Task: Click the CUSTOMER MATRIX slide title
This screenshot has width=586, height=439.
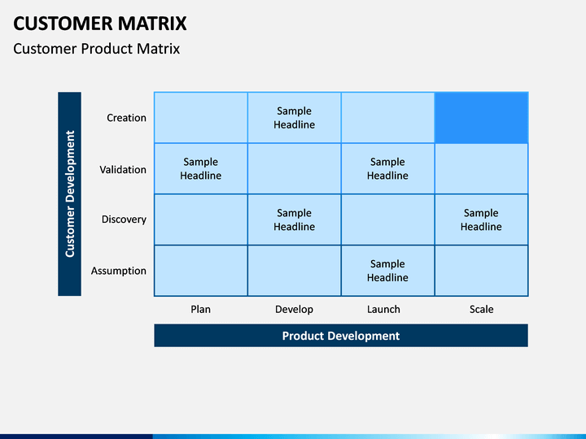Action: [100, 24]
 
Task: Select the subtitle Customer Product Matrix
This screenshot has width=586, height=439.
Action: [96, 49]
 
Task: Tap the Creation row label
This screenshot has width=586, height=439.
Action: [126, 118]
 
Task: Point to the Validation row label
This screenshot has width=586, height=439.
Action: [123, 170]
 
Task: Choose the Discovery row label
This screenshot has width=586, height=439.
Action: [124, 219]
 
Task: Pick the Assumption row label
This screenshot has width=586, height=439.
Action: [119, 271]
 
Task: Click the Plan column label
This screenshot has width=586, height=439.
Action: [201, 309]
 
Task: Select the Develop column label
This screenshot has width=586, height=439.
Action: [294, 310]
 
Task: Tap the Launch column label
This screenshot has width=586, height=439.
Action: [383, 309]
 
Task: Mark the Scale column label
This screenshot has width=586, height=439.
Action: [481, 309]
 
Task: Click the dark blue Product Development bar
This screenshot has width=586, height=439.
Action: [341, 336]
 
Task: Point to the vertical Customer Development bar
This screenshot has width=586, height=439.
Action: [69, 194]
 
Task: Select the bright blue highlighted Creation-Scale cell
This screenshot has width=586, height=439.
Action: [481, 118]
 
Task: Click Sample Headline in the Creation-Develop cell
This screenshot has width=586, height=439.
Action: [294, 118]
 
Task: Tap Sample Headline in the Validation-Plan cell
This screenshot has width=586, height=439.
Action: [201, 169]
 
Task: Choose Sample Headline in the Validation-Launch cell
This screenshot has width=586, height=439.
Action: [387, 169]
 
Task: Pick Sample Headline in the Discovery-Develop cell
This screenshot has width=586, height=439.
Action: [294, 219]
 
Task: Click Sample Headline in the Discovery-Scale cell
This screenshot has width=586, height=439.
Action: [481, 219]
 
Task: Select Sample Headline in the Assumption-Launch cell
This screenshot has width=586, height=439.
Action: [387, 271]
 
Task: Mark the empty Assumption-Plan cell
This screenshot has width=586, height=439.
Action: [201, 271]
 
